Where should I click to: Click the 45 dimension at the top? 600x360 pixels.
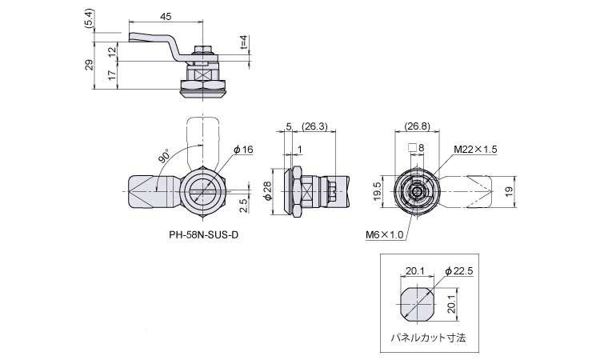[166, 17]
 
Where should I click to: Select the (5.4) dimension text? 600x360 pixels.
[88, 18]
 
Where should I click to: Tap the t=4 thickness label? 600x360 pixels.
[245, 42]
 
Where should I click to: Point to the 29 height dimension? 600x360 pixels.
[89, 65]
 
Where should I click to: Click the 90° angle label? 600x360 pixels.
[164, 156]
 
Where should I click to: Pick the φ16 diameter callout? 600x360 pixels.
[243, 150]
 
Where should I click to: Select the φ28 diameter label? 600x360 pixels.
[267, 190]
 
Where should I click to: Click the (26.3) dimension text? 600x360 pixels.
[314, 126]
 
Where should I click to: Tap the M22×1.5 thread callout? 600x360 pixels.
[475, 150]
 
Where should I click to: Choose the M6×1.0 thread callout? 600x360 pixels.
[384, 234]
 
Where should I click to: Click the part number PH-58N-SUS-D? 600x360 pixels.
[203, 234]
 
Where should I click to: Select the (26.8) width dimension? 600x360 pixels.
[417, 126]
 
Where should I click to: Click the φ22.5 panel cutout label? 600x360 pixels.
[459, 271]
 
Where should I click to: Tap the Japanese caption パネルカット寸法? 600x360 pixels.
[429, 338]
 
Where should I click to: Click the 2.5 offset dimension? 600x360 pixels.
[243, 205]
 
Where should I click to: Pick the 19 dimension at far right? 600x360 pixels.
[509, 191]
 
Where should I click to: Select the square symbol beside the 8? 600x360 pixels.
[412, 148]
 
